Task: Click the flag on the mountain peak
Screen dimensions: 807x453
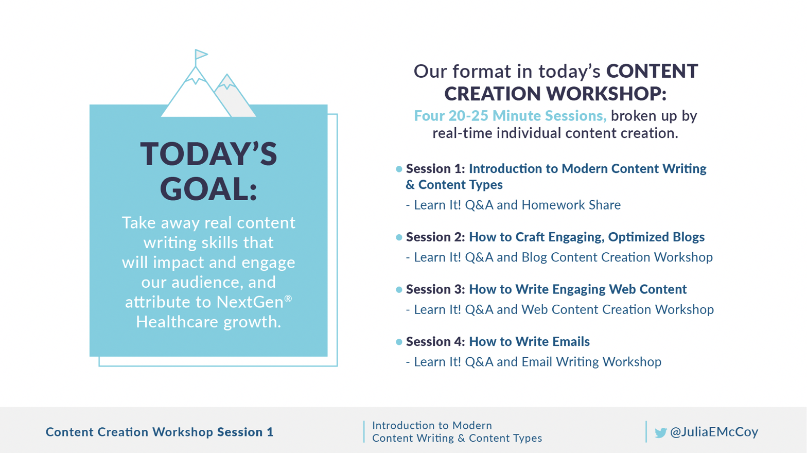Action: [201, 55]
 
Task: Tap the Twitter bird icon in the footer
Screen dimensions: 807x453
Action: [661, 432]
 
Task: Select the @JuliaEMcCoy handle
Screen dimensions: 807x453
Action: [714, 432]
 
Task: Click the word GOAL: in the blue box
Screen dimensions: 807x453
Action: [208, 189]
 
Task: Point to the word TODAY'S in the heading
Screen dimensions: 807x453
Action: [208, 154]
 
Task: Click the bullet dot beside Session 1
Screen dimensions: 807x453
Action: [399, 169]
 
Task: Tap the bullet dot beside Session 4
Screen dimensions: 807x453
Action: [399, 342]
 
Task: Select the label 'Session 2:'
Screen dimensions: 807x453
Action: [435, 237]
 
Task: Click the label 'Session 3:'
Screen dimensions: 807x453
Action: [435, 289]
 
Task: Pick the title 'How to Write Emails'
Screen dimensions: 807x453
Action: [529, 341]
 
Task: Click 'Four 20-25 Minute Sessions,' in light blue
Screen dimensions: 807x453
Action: [510, 116]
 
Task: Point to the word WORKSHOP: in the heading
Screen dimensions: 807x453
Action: [607, 93]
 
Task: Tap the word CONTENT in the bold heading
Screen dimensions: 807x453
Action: [652, 71]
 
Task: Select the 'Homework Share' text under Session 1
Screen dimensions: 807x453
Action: [571, 205]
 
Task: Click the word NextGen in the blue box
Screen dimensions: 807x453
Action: [250, 302]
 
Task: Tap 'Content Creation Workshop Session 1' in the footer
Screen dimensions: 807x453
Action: [160, 432]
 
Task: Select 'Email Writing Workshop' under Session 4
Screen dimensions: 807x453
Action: [591, 361]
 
